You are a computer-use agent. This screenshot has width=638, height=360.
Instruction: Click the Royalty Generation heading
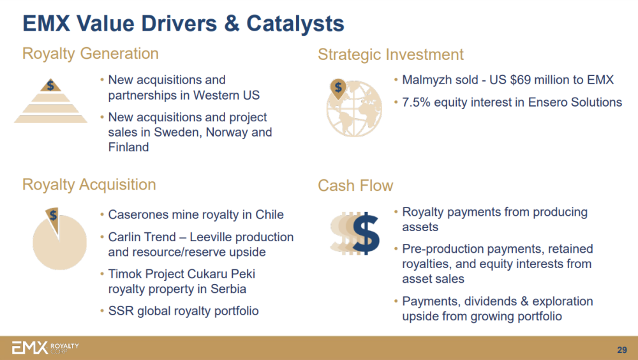pyautogui.click(x=91, y=54)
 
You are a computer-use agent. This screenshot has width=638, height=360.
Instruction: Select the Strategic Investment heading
pyautogui.click(x=390, y=54)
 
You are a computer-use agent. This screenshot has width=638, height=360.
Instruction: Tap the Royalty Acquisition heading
pyautogui.click(x=89, y=185)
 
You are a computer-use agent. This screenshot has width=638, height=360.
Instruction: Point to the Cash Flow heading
pyautogui.click(x=355, y=186)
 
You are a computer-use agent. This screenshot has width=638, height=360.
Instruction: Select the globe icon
pyautogui.click(x=354, y=109)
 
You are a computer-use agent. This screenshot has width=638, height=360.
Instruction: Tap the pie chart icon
pyautogui.click(x=59, y=239)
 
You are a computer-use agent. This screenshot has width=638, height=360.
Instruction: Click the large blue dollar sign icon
pyautogui.click(x=366, y=234)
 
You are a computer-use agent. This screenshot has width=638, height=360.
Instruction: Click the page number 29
pyautogui.click(x=622, y=350)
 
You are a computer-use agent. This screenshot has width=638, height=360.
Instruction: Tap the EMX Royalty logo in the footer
pyautogui.click(x=45, y=347)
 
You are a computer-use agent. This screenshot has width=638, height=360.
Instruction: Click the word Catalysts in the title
pyautogui.click(x=295, y=23)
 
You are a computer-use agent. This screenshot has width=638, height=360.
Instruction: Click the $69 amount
pyautogui.click(x=521, y=80)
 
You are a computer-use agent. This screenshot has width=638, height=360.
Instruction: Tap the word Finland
pyautogui.click(x=129, y=147)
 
